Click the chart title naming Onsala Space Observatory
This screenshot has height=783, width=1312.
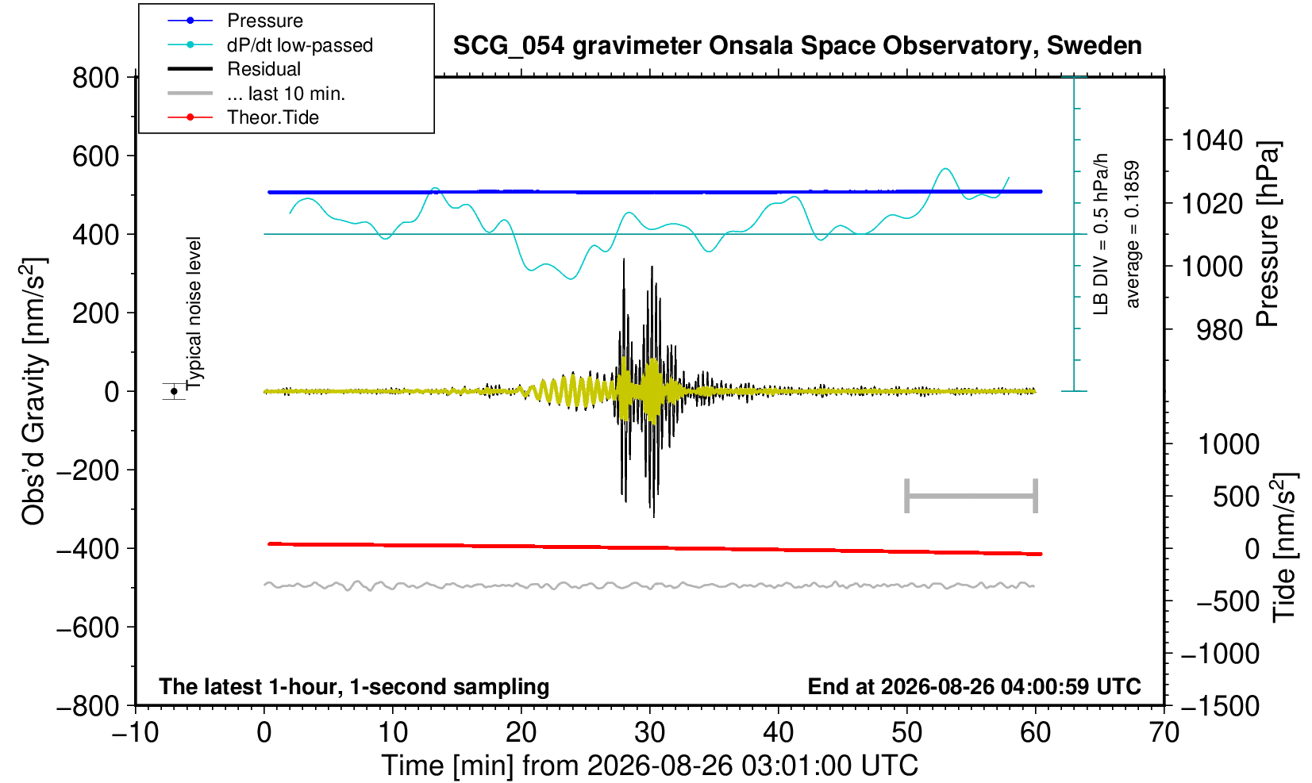(x=797, y=46)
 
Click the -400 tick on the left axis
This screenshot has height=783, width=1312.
(x=88, y=549)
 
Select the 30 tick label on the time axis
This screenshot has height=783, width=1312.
(x=649, y=732)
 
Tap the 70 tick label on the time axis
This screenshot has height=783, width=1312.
(x=1164, y=732)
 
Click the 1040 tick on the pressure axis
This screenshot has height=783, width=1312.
(x=1212, y=140)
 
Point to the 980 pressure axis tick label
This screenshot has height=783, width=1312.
(x=1219, y=330)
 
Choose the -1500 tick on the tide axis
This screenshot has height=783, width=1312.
(x=1220, y=706)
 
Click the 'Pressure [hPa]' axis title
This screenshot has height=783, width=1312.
(x=1268, y=234)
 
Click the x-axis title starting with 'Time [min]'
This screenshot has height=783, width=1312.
(x=649, y=766)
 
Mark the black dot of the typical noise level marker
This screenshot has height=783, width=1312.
(x=174, y=391)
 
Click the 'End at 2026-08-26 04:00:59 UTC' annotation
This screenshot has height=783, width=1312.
(x=974, y=686)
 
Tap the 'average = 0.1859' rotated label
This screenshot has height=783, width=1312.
(x=1133, y=234)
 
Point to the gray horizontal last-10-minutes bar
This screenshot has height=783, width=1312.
(x=971, y=496)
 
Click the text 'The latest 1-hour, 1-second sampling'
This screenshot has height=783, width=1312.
(x=354, y=686)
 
